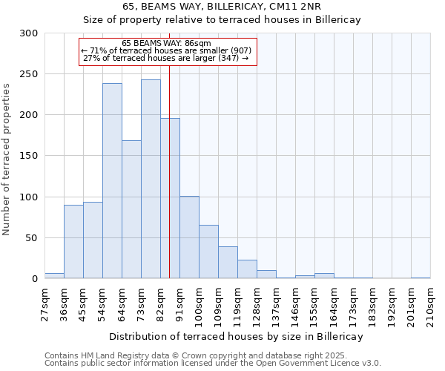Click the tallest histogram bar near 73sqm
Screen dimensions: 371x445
click(x=151, y=179)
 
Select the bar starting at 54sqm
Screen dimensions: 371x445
click(x=112, y=181)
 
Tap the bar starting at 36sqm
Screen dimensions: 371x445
click(x=73, y=242)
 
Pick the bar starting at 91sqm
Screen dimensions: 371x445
click(x=189, y=237)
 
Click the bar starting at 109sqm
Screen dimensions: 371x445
click(x=228, y=263)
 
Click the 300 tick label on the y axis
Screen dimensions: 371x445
click(x=28, y=33)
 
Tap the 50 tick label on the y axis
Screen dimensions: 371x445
click(x=31, y=238)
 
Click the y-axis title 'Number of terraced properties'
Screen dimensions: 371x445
click(x=7, y=159)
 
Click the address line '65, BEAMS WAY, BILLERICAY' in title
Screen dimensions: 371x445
click(x=221, y=7)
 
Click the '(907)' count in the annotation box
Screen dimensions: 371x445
click(x=240, y=50)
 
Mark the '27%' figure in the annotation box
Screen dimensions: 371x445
click(x=91, y=58)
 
